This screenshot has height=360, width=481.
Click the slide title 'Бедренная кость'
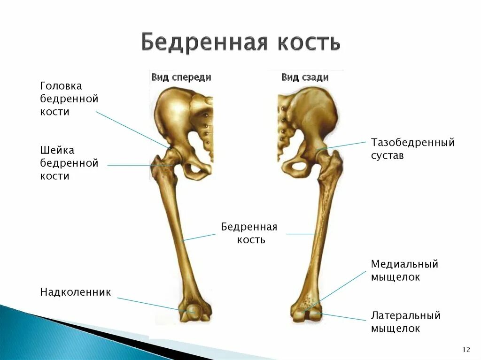[240, 42]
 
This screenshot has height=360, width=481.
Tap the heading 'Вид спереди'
[181, 77]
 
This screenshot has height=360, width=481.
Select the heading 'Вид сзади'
[305, 77]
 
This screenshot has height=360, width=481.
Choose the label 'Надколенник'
[75, 292]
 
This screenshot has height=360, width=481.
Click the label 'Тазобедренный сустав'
[413, 148]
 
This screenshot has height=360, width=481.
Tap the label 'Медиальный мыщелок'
[404, 270]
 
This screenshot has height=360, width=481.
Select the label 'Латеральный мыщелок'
[405, 322]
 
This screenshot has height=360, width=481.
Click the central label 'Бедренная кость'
[249, 233]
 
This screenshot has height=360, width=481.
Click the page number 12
[466, 350]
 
